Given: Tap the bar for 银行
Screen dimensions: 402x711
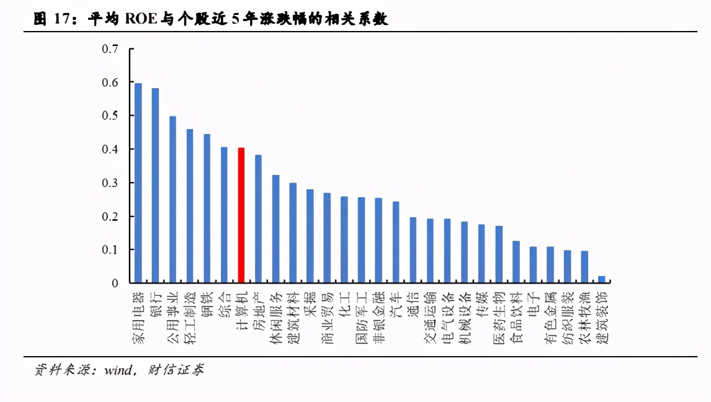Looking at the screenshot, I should (155, 185).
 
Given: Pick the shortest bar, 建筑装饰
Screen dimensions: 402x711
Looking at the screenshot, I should (601, 280).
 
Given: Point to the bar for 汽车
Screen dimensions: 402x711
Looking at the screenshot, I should (395, 242).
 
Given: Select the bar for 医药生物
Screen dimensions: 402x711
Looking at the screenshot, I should (499, 254).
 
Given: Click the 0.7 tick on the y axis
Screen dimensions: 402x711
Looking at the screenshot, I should (110, 49).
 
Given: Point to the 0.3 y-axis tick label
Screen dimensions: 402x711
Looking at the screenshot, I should (110, 183).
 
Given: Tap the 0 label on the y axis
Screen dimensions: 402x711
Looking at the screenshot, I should (115, 284).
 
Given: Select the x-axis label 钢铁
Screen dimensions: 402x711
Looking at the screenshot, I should (207, 304).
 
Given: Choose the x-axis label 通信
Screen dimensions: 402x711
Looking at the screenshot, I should (413, 304).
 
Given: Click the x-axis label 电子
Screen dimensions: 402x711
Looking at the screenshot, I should (533, 304).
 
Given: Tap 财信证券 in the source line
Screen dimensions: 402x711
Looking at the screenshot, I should (177, 370).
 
